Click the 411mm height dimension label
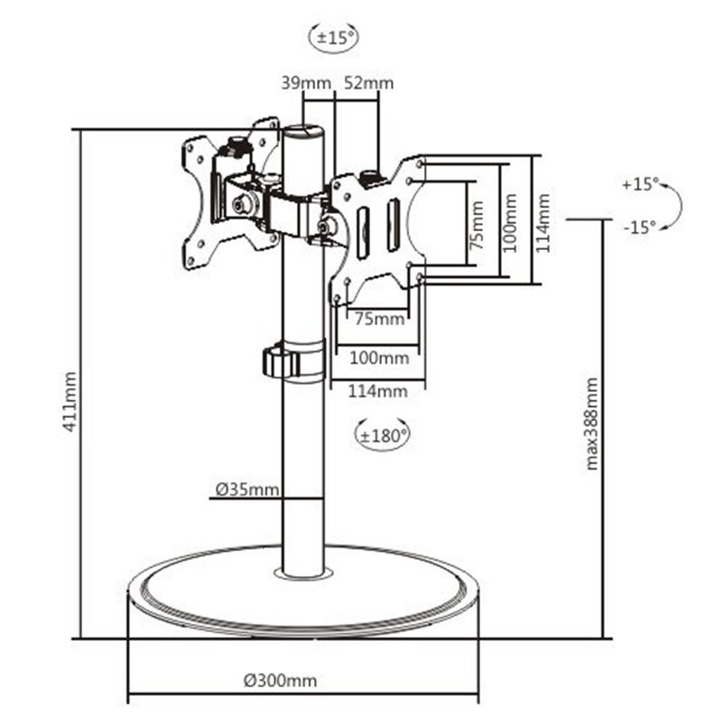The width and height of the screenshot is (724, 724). click(70, 402)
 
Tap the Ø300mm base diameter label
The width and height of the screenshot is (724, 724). click(280, 680)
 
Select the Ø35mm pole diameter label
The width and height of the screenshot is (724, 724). click(247, 489)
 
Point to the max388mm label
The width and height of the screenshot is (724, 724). click(591, 424)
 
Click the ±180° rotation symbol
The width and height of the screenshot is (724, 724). click(382, 435)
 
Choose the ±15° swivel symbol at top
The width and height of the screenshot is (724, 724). click(334, 37)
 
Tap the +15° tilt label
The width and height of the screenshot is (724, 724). click(640, 184)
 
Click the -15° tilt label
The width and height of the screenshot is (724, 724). click(639, 227)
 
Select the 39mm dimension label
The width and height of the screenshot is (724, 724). click(306, 83)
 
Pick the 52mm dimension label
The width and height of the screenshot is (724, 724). click(369, 83)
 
